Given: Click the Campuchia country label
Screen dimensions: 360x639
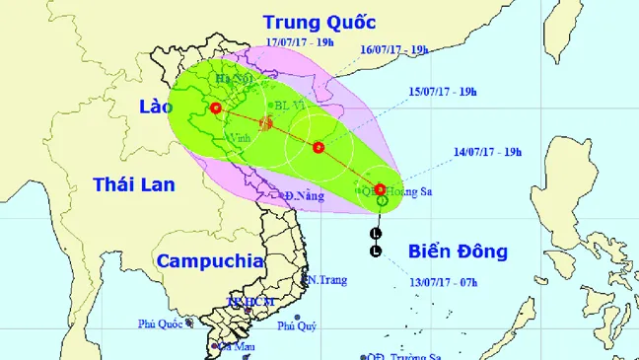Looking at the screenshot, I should (x=209, y=261).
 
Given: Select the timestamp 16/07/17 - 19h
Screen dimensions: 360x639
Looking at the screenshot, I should (x=393, y=49).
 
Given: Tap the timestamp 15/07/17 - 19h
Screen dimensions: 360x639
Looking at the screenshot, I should (x=443, y=92).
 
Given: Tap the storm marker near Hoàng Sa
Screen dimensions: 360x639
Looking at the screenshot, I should (x=380, y=188).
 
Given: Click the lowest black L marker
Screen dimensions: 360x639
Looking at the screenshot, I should (x=375, y=252).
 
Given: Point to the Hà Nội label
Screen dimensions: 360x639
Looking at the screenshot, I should (x=243, y=78).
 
